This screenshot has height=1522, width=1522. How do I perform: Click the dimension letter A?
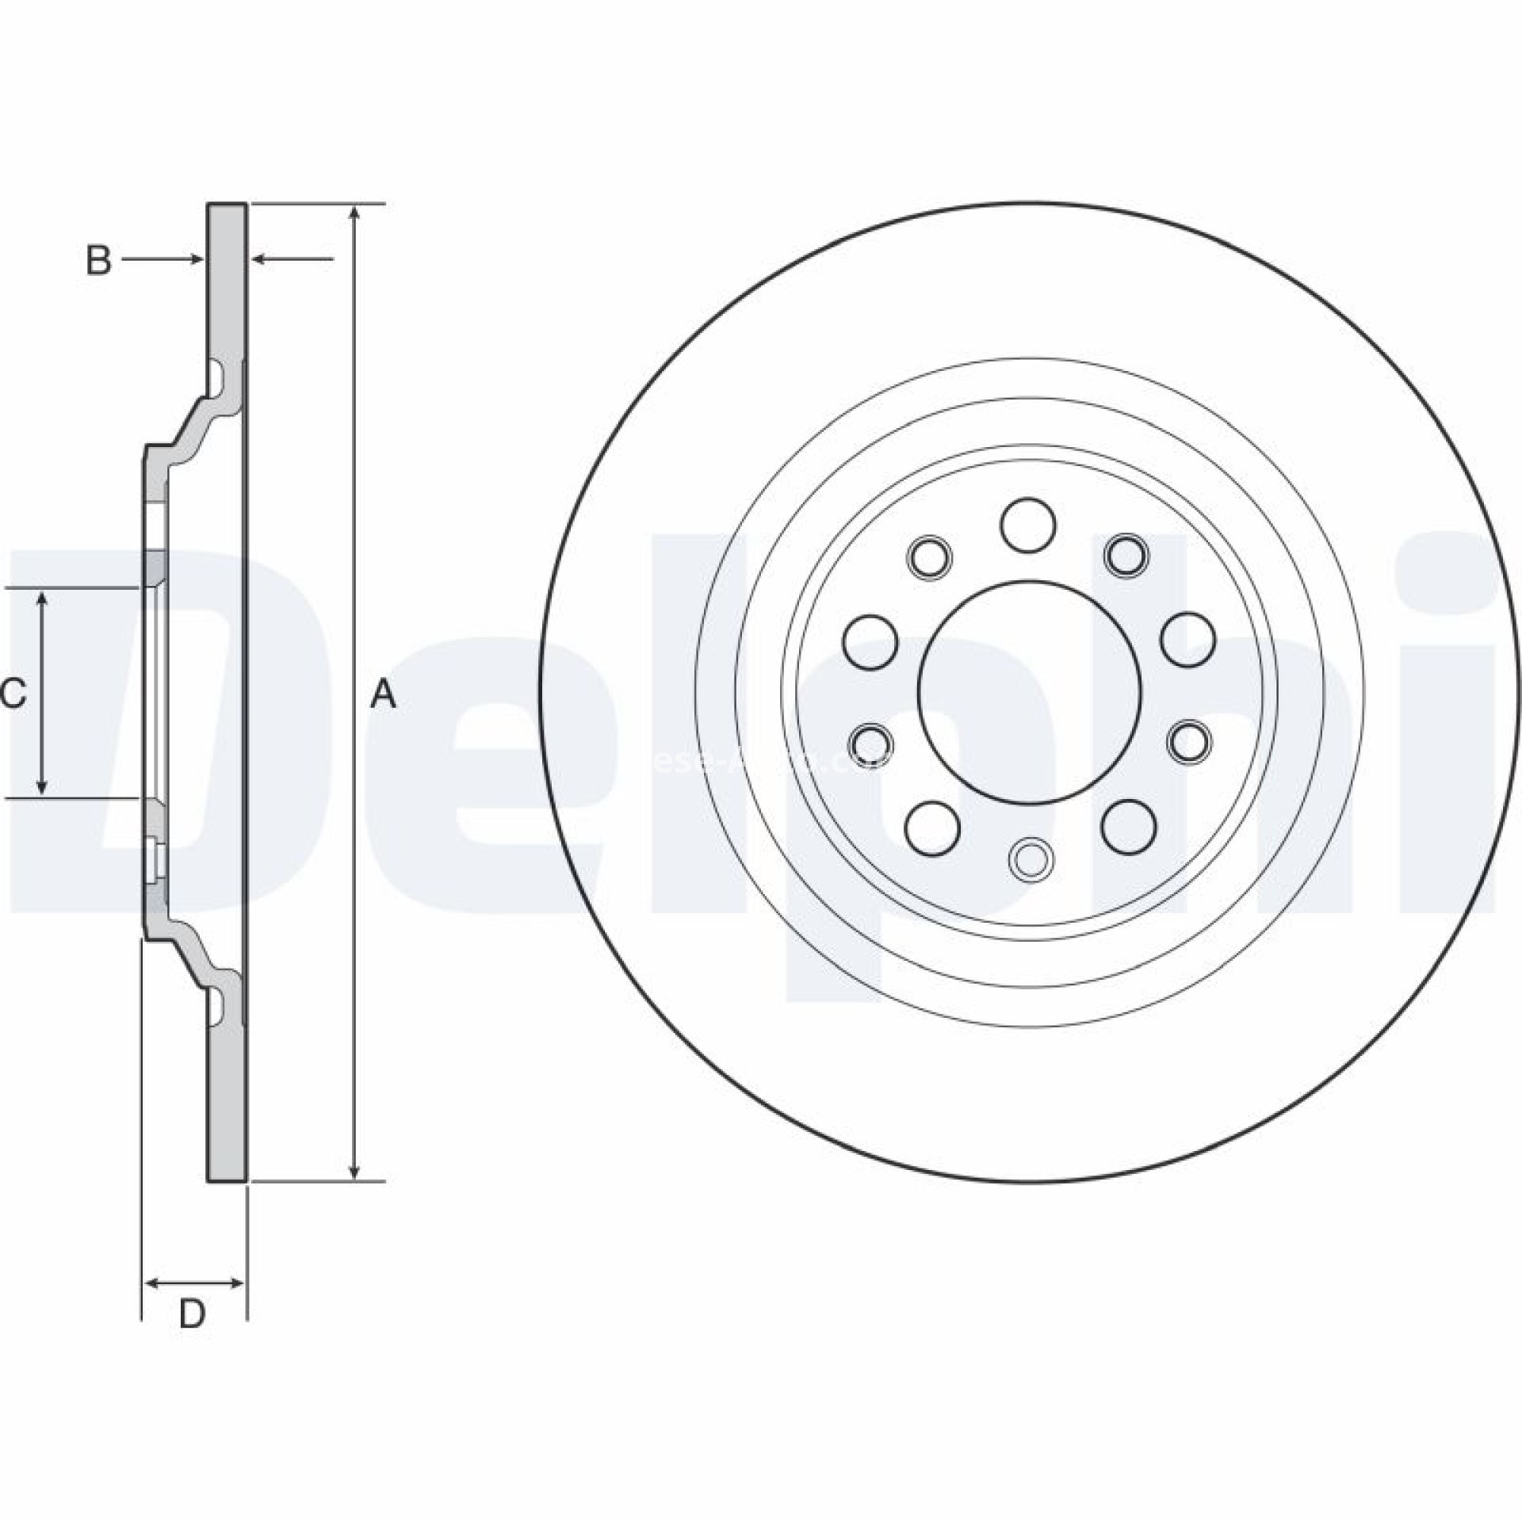(x=384, y=694)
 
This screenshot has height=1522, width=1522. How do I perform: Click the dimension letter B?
(x=98, y=261)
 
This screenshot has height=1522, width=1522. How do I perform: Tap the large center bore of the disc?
(x=1029, y=693)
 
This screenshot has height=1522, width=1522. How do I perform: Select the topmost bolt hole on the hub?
(x=1028, y=524)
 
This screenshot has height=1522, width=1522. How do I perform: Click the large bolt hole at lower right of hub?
(x=1128, y=824)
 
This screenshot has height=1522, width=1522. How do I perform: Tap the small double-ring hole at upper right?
(x=1126, y=554)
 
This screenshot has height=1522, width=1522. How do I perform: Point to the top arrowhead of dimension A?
(x=357, y=214)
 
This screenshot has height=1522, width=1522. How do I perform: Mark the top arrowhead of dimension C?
(x=43, y=599)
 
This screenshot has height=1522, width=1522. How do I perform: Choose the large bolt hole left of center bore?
(x=870, y=641)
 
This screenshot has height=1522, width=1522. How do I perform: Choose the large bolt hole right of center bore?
(x=1187, y=641)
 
